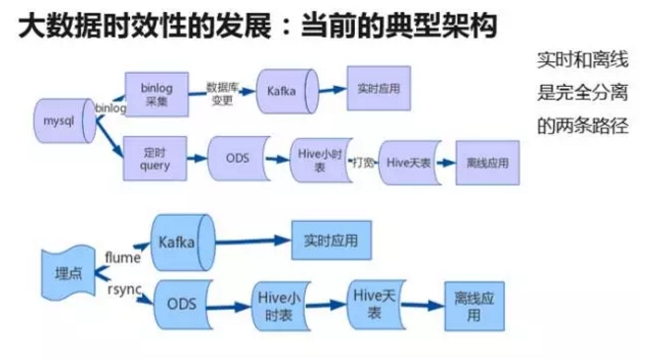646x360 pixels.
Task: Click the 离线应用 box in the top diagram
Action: (481, 160)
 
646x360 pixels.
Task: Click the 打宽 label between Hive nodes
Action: (362, 161)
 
